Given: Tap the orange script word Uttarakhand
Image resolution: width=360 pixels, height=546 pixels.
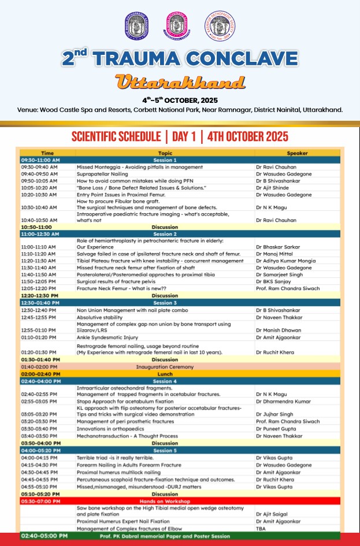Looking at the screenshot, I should [180, 81].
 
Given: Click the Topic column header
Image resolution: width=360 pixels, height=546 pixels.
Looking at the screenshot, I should [165, 153].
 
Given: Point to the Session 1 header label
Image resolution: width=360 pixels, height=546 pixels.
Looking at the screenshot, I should [165, 160].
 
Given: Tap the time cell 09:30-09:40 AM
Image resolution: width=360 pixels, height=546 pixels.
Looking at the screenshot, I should [39, 167].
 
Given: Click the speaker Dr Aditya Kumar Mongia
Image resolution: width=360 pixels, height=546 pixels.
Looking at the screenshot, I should [286, 261].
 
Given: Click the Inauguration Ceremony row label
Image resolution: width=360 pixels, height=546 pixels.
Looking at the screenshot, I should [165, 367].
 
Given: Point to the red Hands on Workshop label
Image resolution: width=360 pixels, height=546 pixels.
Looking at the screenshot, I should [165, 501].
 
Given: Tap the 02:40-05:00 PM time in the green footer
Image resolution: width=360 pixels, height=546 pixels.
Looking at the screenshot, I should [44, 536].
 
